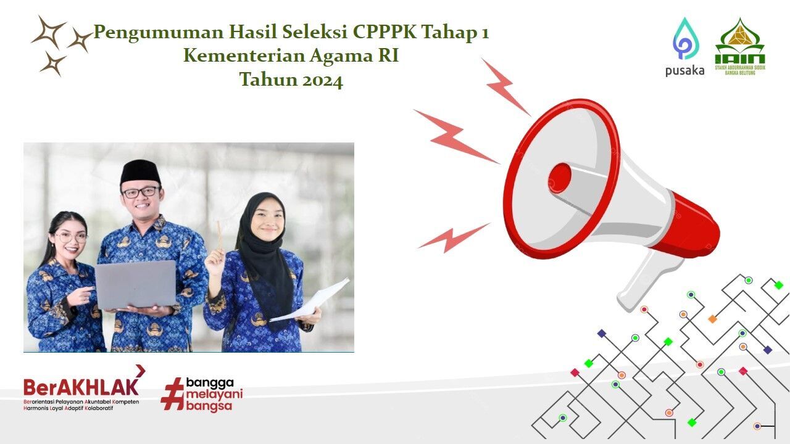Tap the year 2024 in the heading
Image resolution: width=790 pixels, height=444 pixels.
(322, 80)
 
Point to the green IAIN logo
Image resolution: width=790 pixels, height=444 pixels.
(740, 47)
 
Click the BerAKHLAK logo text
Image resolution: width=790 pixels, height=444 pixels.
(81, 387)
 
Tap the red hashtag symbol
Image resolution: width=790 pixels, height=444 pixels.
(172, 393)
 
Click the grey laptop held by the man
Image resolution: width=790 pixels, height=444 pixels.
(135, 284)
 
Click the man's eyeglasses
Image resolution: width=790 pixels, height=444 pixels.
(140, 192)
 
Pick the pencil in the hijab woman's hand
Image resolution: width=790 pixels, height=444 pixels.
(218, 235)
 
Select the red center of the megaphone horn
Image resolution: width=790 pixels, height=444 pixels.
(560, 177)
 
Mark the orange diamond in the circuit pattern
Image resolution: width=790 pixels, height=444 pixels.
(712, 319)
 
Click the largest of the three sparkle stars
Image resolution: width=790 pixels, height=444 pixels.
(49, 32)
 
